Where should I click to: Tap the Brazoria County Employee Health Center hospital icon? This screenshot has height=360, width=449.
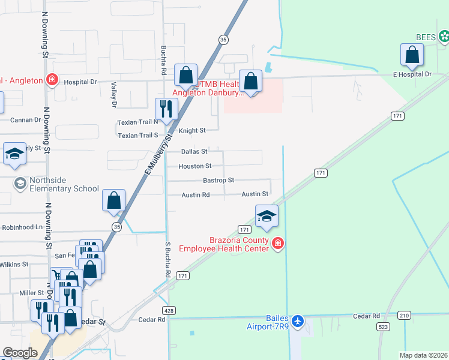(x=277, y=243)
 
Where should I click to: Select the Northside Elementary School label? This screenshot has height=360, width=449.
(x=57, y=188)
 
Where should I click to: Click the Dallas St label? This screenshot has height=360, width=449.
(x=194, y=152)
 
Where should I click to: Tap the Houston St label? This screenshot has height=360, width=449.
(x=195, y=166)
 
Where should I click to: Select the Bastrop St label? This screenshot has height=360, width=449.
(x=218, y=180)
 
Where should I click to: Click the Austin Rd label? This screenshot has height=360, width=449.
(x=196, y=195)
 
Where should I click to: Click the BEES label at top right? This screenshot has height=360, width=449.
(x=426, y=37)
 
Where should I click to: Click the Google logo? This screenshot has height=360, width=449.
(x=20, y=352)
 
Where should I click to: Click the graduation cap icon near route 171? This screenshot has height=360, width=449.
(x=267, y=217)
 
